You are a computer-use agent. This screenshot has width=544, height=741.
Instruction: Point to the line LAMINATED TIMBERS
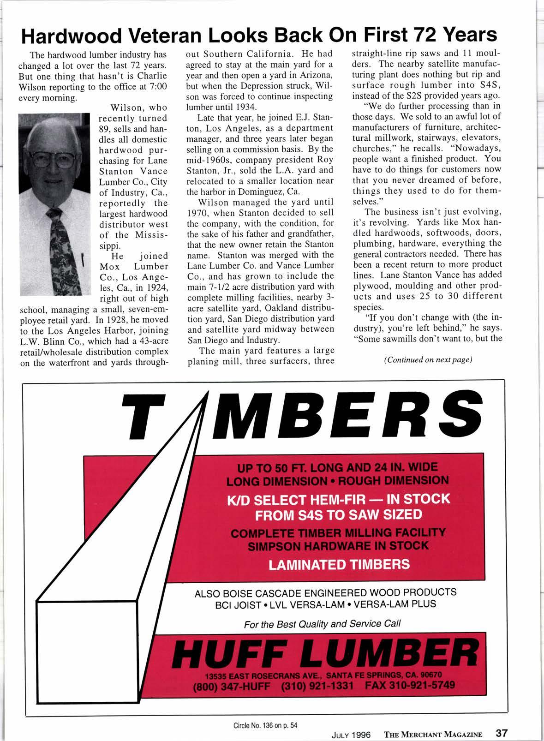coord(339,564)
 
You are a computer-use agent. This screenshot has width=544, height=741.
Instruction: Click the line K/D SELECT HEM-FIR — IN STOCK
coord(338,499)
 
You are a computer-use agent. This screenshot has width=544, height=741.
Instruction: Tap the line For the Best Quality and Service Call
coord(322,624)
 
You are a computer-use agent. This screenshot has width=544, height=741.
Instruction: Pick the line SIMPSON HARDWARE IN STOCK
coord(338,546)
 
